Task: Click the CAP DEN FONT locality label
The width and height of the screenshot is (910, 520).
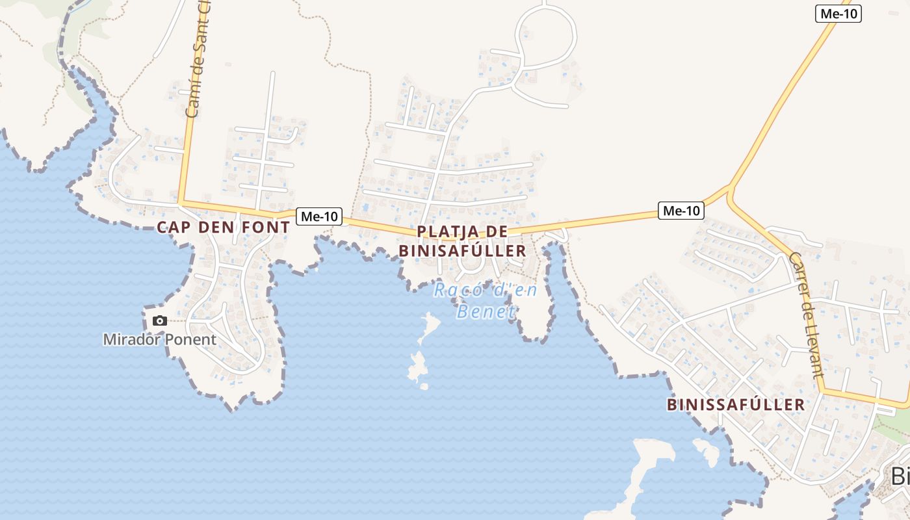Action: [223, 227]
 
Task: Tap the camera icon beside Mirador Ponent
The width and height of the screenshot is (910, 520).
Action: [159, 320]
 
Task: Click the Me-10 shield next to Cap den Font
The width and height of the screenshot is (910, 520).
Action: [319, 216]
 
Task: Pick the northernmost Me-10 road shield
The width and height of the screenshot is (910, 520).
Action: [838, 14]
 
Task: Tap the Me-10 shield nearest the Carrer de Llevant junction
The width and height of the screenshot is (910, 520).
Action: [681, 211]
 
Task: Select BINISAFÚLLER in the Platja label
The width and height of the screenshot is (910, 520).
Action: [462, 251]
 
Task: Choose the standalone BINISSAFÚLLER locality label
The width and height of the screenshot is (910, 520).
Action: [736, 405]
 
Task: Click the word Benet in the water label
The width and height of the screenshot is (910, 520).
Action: [486, 311]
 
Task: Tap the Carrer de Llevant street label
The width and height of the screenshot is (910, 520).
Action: [807, 315]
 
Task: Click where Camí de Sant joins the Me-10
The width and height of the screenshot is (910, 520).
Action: [181, 203]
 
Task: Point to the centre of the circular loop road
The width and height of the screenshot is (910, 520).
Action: [547, 36]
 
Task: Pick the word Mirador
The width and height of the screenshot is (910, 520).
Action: [127, 339]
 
